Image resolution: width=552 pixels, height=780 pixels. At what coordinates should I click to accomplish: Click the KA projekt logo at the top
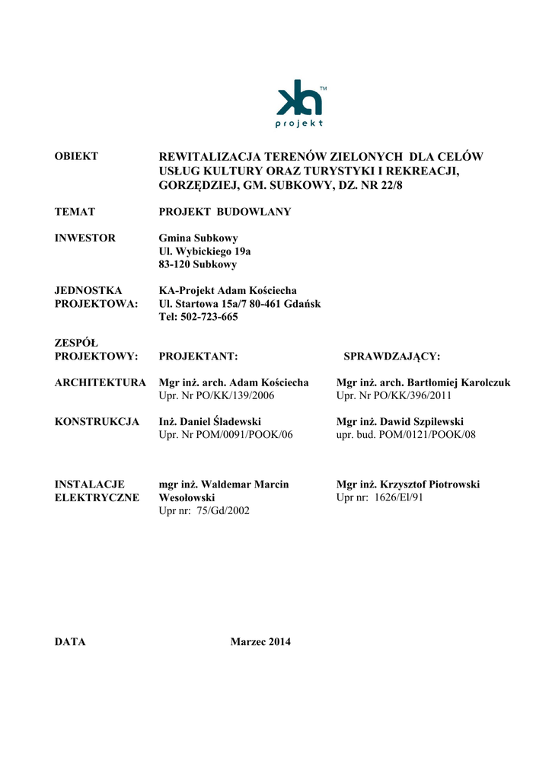(300, 103)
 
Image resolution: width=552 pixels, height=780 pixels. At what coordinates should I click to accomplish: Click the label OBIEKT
(76, 157)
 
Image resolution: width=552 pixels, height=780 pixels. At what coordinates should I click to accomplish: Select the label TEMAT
(75, 212)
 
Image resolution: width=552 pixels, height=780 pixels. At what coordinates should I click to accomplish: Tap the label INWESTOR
(85, 238)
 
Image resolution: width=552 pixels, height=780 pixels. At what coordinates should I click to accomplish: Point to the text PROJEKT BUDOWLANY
(225, 212)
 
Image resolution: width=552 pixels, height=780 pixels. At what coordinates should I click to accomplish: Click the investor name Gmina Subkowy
(198, 238)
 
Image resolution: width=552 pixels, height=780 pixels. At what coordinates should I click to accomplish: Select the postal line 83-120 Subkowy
(197, 264)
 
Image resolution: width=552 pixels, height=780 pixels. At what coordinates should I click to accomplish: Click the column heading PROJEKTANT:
(199, 356)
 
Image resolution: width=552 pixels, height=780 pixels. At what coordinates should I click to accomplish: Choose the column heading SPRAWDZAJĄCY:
(392, 356)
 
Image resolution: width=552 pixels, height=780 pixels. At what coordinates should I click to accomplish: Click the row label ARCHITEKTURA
(101, 382)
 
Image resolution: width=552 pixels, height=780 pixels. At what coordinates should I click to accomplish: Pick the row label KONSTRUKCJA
(97, 422)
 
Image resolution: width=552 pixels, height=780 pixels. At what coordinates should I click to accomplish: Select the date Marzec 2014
(260, 642)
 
